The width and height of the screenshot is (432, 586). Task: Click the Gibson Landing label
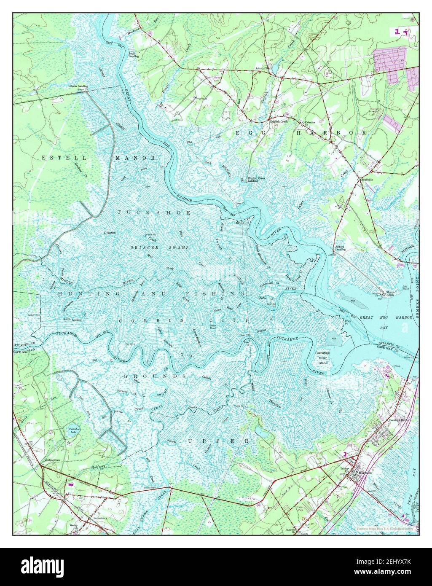(78, 86)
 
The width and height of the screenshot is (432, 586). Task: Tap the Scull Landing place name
(134, 54)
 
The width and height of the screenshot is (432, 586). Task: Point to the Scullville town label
(367, 180)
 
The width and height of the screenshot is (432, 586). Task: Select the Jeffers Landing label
(340, 248)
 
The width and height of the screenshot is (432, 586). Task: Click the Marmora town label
(364, 473)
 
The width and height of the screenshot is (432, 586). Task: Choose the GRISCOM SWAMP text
(153, 247)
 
